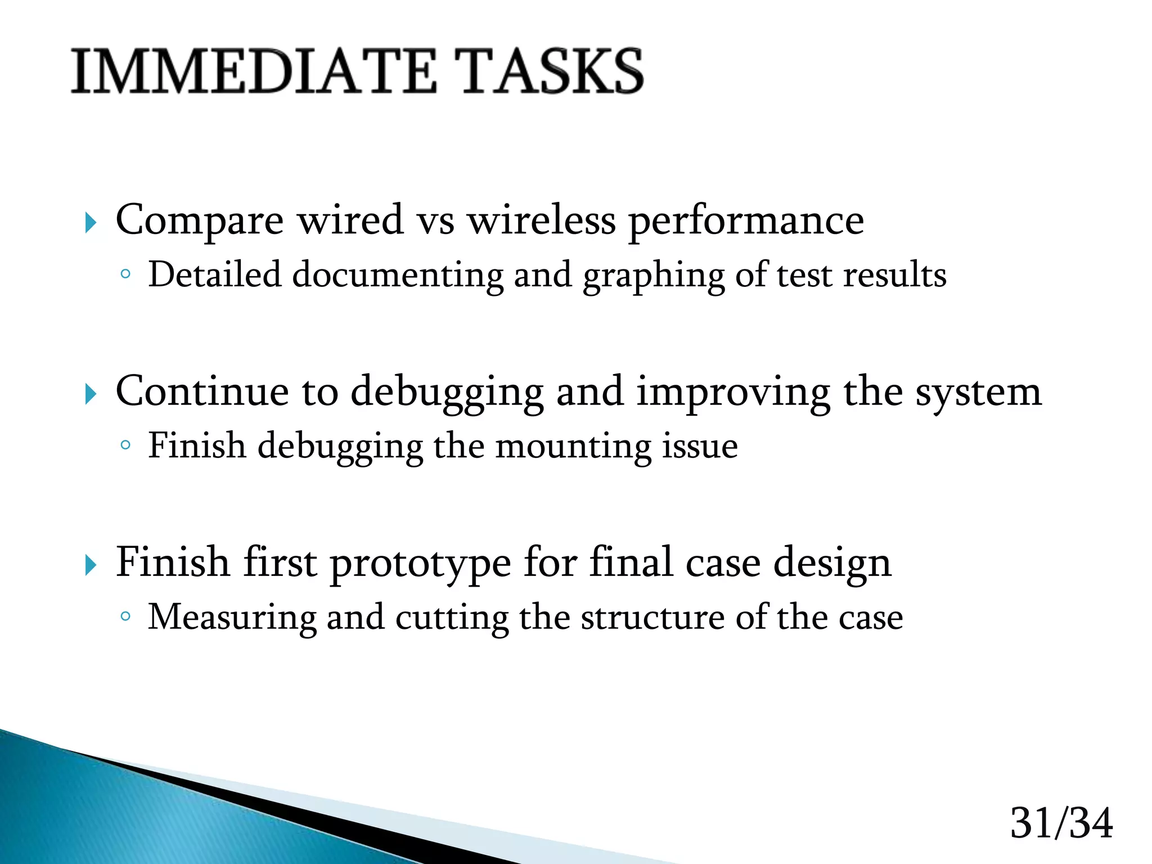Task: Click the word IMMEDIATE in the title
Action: point(254,71)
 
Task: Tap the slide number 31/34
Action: point(1061,823)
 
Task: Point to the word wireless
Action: point(542,219)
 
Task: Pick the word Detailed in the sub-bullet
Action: point(214,275)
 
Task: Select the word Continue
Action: point(202,391)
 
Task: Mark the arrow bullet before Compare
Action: point(91,223)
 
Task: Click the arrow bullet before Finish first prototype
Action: point(91,565)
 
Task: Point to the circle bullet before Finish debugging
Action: point(125,445)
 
